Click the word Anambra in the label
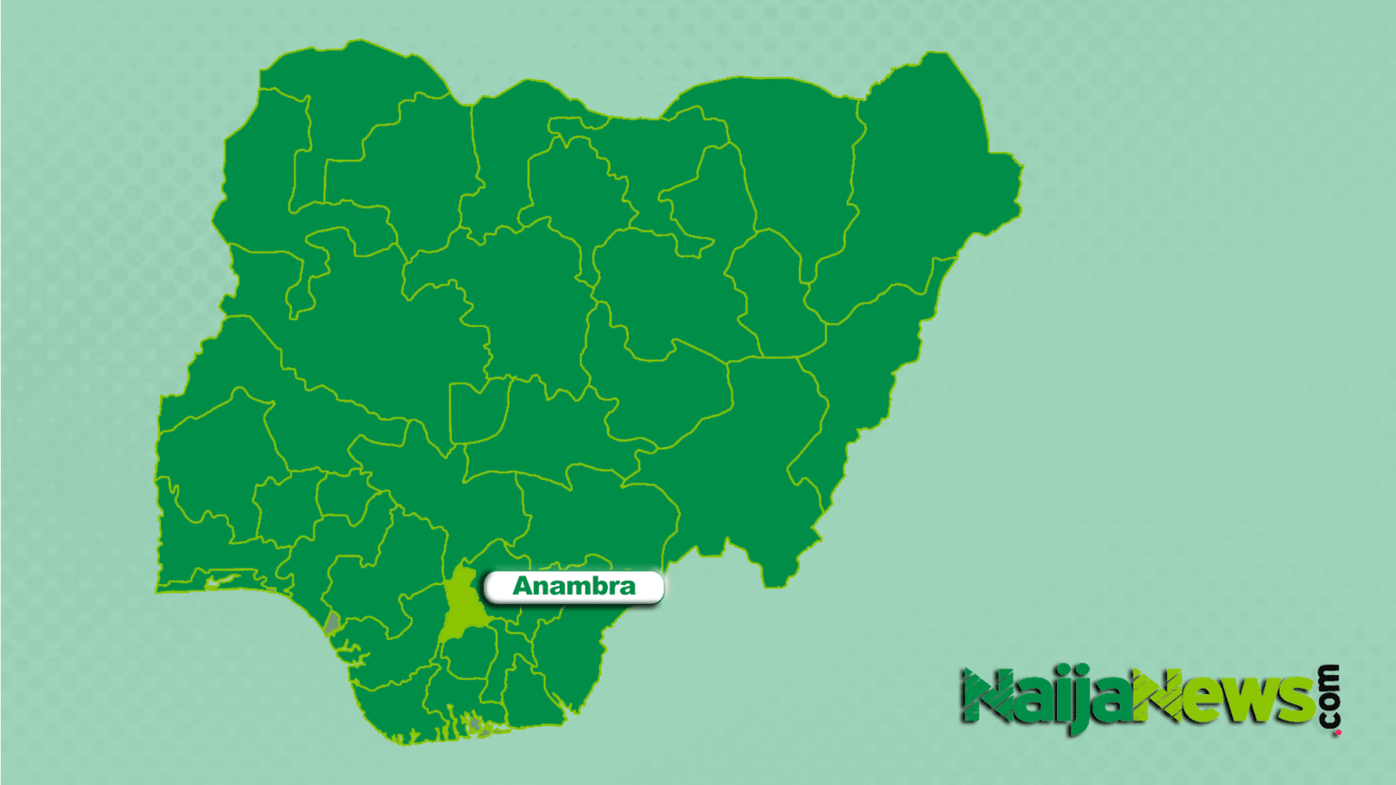click(573, 586)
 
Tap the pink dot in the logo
click(1338, 731)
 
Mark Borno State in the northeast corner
click(927, 182)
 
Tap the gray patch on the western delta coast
click(333, 622)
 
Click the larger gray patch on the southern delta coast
click(474, 724)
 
